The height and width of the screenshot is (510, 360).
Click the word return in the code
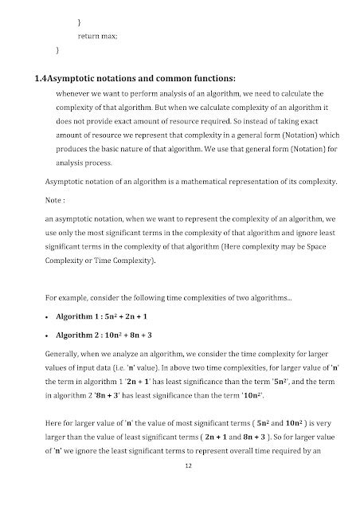87,37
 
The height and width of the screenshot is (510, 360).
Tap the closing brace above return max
80,23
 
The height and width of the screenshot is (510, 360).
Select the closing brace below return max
57,50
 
